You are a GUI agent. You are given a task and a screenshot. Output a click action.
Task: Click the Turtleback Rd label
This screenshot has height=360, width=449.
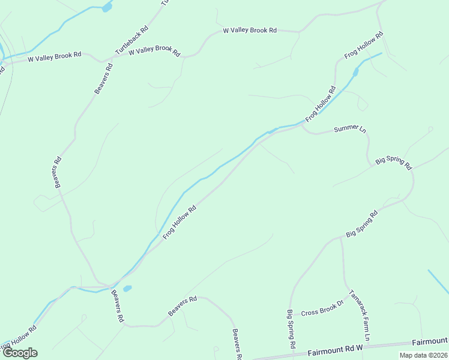(131, 40)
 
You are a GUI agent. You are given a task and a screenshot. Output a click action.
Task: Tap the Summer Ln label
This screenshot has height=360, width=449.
(349, 128)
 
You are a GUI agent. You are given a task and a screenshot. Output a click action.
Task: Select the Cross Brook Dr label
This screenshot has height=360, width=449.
(322, 312)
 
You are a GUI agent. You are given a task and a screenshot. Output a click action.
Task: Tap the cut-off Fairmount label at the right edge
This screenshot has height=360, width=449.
(430, 341)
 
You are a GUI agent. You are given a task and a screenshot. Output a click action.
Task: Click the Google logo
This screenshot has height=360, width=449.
(20, 352)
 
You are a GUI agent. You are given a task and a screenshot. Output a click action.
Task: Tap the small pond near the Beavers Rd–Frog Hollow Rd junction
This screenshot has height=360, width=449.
(127, 289)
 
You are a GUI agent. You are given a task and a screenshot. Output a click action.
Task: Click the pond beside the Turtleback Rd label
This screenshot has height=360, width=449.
(107, 8)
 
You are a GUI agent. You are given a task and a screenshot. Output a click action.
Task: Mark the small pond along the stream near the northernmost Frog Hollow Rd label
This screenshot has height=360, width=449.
(355, 73)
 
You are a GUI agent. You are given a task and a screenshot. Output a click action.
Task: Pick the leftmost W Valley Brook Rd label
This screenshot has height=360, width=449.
(55, 55)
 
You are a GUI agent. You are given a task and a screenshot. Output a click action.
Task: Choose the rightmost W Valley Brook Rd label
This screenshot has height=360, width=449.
(249, 30)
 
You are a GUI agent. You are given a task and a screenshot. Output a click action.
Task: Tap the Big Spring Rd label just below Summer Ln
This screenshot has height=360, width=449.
(393, 163)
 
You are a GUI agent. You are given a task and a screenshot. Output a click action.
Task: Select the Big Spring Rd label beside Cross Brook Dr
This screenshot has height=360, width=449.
(291, 329)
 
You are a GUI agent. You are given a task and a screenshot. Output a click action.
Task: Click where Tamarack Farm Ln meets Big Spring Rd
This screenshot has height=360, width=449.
(342, 237)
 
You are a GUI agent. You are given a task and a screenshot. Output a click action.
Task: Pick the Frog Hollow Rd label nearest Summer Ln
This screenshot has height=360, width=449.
(320, 104)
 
